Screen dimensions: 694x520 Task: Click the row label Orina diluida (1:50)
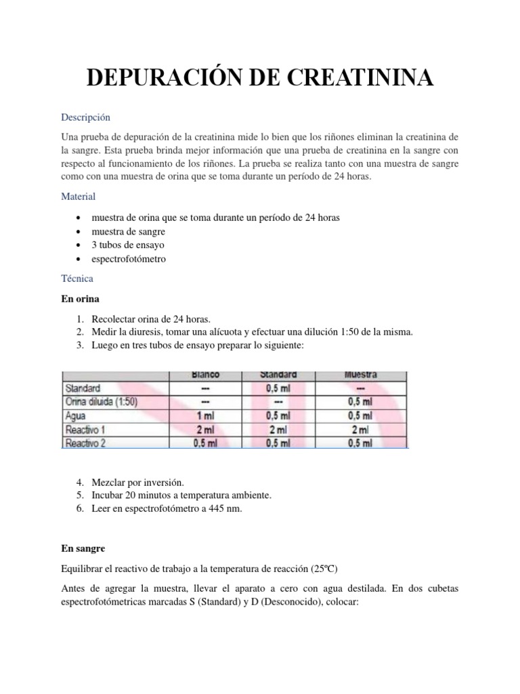(x=101, y=403)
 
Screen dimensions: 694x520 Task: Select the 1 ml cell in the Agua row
(x=206, y=416)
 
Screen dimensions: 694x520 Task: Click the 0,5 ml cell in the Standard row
(x=278, y=389)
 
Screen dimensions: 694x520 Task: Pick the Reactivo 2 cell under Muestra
(x=360, y=443)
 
